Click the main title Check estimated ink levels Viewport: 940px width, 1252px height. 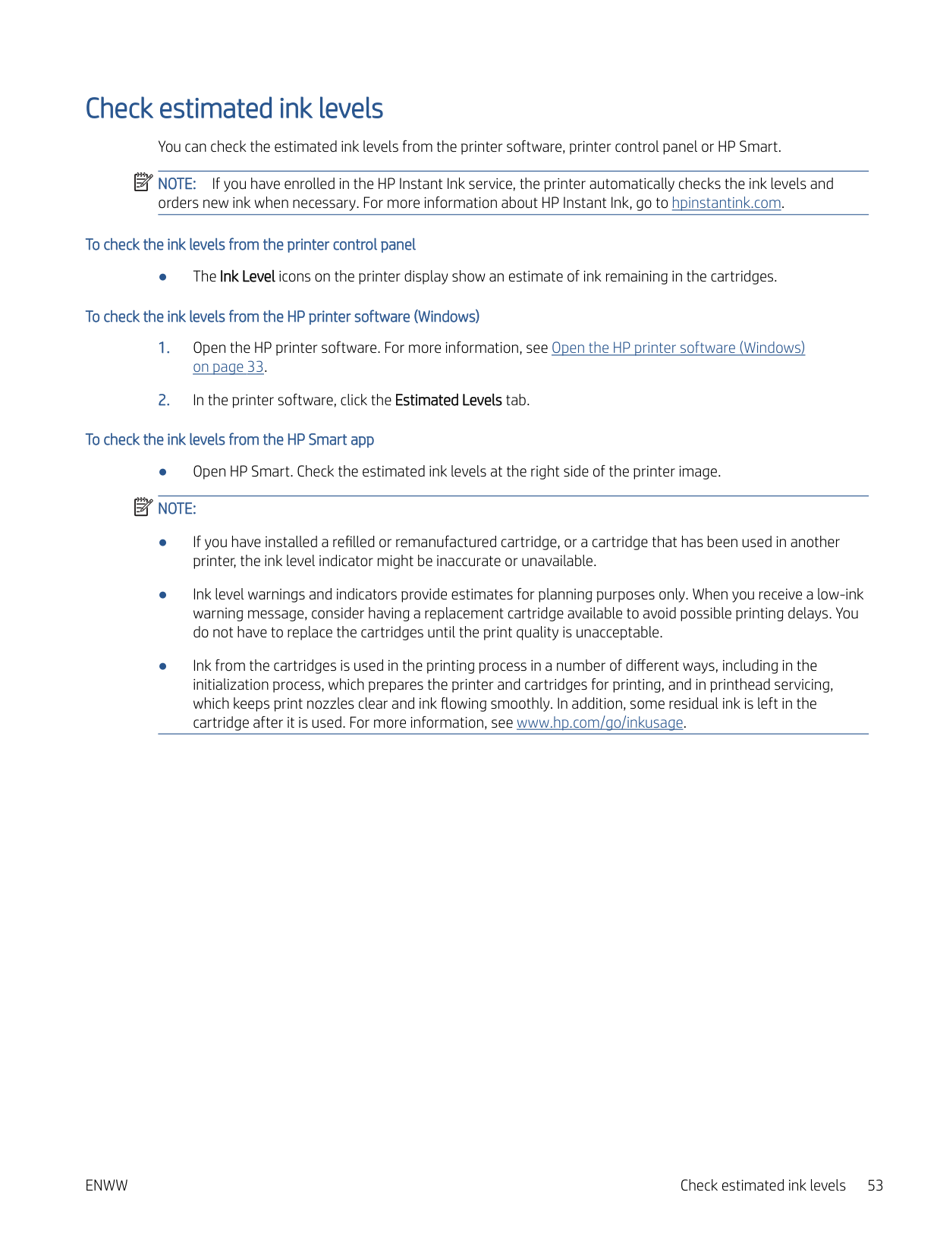pos(234,109)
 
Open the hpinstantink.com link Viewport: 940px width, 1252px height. pos(726,203)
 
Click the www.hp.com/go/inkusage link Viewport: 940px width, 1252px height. pos(599,723)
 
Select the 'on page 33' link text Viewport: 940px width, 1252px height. pos(228,367)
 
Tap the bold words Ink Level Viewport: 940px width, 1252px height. pos(247,277)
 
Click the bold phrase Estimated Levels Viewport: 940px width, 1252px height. pos(448,401)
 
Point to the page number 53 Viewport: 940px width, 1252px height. pos(875,1186)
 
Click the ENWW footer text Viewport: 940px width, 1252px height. pos(106,1186)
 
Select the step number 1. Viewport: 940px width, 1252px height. pos(164,348)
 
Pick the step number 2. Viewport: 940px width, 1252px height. pos(164,401)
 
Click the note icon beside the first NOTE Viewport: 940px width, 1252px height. pos(143,183)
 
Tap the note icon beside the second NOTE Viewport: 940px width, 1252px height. pos(143,507)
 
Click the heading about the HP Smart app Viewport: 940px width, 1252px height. pos(230,440)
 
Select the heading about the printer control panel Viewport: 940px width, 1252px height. pos(250,245)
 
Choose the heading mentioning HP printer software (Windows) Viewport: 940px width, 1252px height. pos(282,317)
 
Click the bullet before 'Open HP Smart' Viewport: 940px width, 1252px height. pos(162,472)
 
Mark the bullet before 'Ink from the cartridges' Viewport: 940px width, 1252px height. pos(162,666)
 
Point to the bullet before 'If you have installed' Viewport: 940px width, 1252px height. pos(162,543)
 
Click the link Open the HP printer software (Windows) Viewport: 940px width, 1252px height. pos(677,348)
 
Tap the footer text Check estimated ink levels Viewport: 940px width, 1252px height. pos(762,1186)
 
